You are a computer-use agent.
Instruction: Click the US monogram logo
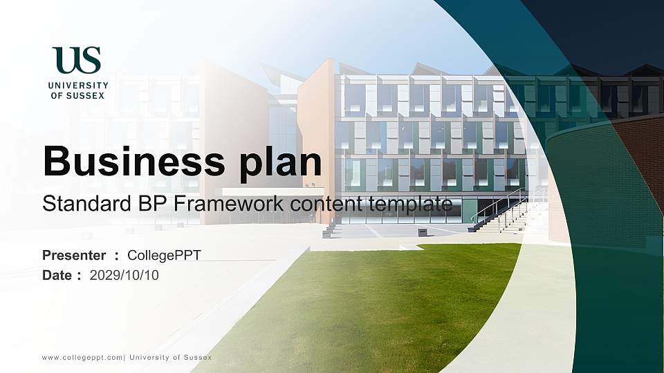(x=77, y=60)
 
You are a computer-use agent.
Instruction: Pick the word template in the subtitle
(x=413, y=204)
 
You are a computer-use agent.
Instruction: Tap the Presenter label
(x=74, y=256)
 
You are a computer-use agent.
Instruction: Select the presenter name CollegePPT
(x=164, y=256)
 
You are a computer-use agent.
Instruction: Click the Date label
(x=57, y=275)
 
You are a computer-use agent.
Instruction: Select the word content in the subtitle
(x=321, y=204)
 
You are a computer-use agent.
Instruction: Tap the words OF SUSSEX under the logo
(x=78, y=95)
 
